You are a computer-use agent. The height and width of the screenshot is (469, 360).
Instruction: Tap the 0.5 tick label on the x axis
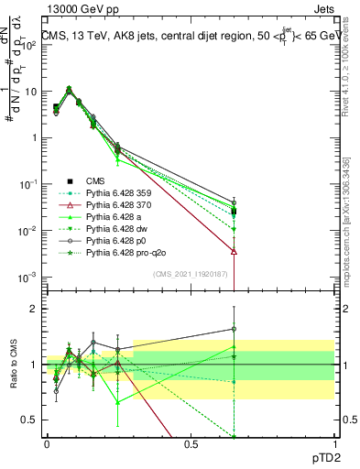[x=191, y=443]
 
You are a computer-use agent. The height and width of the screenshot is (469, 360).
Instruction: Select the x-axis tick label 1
[x=333, y=443]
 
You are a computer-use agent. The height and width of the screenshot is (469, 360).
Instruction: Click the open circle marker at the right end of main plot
[x=235, y=202]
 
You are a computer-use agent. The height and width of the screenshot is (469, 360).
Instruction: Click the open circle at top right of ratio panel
[x=235, y=329]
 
